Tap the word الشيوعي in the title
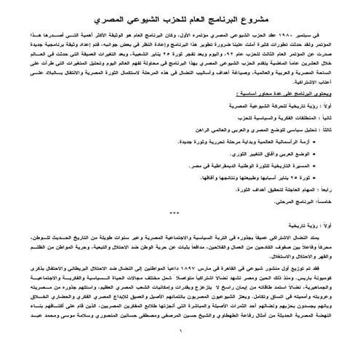tap(145, 15)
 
